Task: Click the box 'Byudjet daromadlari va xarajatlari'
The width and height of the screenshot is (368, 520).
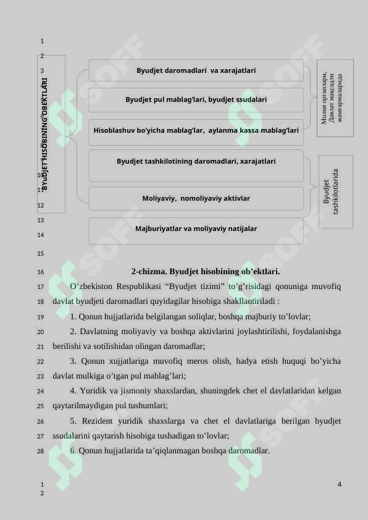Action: pos(196,70)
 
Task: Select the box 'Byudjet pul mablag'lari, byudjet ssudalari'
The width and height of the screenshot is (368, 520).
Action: pos(196,99)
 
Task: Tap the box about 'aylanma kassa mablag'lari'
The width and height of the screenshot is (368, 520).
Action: pos(196,131)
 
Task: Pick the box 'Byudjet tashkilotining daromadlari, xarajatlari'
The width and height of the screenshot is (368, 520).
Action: pos(196,162)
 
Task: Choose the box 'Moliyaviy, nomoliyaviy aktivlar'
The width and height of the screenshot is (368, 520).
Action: pos(196,199)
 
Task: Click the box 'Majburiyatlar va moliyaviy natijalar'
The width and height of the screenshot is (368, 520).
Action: pos(196,229)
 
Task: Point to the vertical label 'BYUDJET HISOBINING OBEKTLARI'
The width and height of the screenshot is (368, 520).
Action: pos(46,133)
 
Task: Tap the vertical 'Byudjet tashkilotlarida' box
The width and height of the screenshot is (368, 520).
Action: pos(336,191)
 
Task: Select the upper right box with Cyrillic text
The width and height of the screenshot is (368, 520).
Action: pos(335,98)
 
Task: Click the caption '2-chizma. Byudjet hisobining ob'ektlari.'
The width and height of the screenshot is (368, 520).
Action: pos(205,272)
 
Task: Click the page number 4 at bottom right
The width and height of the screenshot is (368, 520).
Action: pos(340,484)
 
